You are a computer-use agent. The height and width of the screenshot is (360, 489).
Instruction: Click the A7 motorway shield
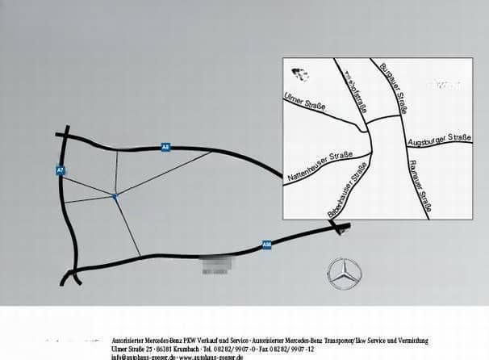point(60,170)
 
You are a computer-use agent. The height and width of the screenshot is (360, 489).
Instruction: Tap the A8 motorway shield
point(165,148)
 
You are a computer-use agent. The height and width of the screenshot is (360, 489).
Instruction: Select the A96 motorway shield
point(266,243)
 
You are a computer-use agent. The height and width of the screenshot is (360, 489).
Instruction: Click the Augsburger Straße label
point(441,142)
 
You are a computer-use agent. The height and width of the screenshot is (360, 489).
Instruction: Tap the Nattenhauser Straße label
point(320,165)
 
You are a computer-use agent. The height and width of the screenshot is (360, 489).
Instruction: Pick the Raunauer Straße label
point(417,186)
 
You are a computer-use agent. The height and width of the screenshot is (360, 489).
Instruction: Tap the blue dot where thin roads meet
point(115,195)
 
